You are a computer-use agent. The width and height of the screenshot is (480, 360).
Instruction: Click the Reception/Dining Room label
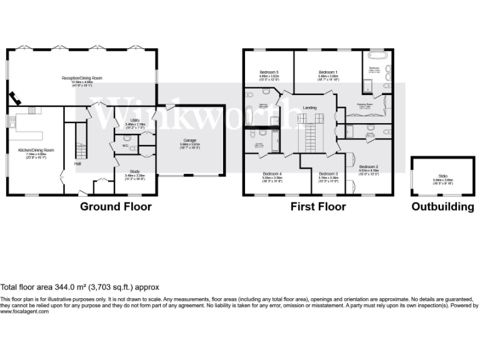(x=81, y=78)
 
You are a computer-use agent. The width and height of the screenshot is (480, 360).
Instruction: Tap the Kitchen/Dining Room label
(x=35, y=150)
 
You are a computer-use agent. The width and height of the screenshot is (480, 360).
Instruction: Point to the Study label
(x=134, y=171)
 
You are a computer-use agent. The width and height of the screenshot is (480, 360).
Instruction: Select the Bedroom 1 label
(x=327, y=72)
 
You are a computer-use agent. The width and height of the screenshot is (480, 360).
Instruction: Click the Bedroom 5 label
(x=269, y=72)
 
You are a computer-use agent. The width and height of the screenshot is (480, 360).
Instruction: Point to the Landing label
(x=309, y=107)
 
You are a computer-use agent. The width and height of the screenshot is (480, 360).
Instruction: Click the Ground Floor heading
(x=116, y=207)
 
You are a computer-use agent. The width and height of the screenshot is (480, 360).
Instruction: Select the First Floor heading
(x=317, y=207)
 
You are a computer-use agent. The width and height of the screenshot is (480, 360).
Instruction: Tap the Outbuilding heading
(x=442, y=207)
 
